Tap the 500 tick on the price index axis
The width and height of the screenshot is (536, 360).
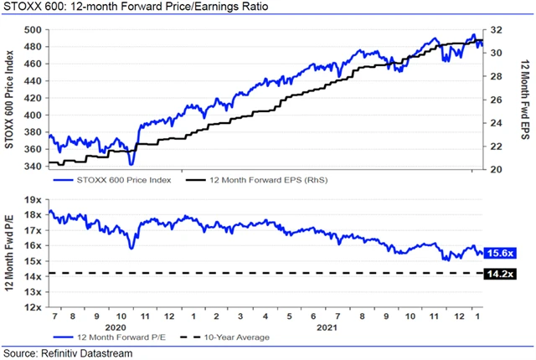coord(33,29)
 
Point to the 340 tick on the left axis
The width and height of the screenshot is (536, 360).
coord(33,166)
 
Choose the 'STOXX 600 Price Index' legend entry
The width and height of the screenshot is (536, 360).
coord(123,180)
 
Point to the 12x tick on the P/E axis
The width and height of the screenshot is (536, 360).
coord(33,307)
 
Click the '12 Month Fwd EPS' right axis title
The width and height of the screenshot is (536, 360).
coord(523,98)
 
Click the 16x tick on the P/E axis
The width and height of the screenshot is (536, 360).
coord(33,246)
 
